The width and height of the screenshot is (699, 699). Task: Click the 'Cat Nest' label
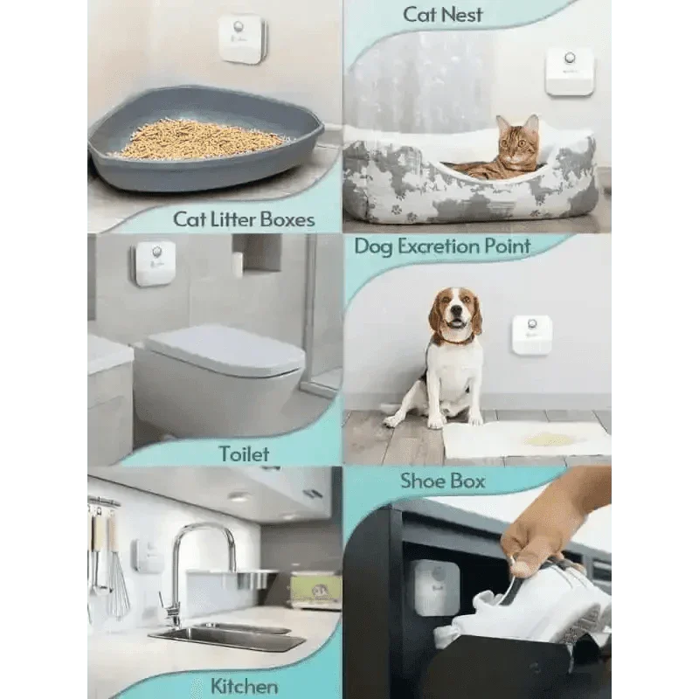tap(443, 14)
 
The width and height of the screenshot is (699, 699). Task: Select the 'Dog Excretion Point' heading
tap(442, 246)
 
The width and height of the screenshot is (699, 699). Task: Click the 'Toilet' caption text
tap(244, 453)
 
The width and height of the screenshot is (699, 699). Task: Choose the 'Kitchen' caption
tap(244, 685)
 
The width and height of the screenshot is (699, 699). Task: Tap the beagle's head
tap(455, 314)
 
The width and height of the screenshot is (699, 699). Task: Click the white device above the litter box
tap(240, 38)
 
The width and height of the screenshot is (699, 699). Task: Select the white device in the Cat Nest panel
tap(570, 71)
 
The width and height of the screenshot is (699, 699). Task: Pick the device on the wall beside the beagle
tap(531, 335)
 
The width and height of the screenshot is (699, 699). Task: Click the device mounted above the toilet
tap(154, 262)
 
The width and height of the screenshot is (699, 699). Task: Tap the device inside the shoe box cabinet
tap(436, 586)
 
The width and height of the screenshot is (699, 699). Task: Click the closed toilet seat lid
tap(218, 349)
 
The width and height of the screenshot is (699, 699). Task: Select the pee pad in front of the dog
tap(524, 439)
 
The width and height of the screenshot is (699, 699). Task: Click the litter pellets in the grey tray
tap(201, 139)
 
